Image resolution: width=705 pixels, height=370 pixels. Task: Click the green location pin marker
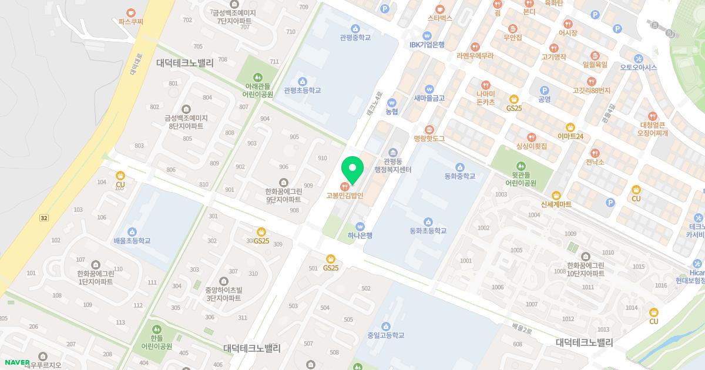352,170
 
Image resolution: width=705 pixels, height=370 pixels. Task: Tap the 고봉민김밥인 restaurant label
345,196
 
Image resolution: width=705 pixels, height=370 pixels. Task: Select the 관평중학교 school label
355,37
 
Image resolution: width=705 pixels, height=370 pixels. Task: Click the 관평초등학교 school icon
302,81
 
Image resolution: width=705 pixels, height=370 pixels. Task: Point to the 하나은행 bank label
360,235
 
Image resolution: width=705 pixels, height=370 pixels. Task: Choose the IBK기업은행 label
427,45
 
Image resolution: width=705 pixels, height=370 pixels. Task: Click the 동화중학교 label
459,176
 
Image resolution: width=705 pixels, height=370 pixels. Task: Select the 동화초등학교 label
428,231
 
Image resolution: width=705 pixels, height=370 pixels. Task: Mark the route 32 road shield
43,218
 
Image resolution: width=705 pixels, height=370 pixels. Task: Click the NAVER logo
16,361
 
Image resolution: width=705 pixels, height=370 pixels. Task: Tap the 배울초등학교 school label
132,241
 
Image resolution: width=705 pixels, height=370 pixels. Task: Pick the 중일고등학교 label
385,335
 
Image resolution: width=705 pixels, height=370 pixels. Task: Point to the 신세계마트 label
556,204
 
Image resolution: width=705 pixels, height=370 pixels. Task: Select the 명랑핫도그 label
429,139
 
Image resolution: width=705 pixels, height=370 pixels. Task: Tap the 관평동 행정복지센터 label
393,165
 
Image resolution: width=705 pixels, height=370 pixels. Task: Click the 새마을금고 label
429,98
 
